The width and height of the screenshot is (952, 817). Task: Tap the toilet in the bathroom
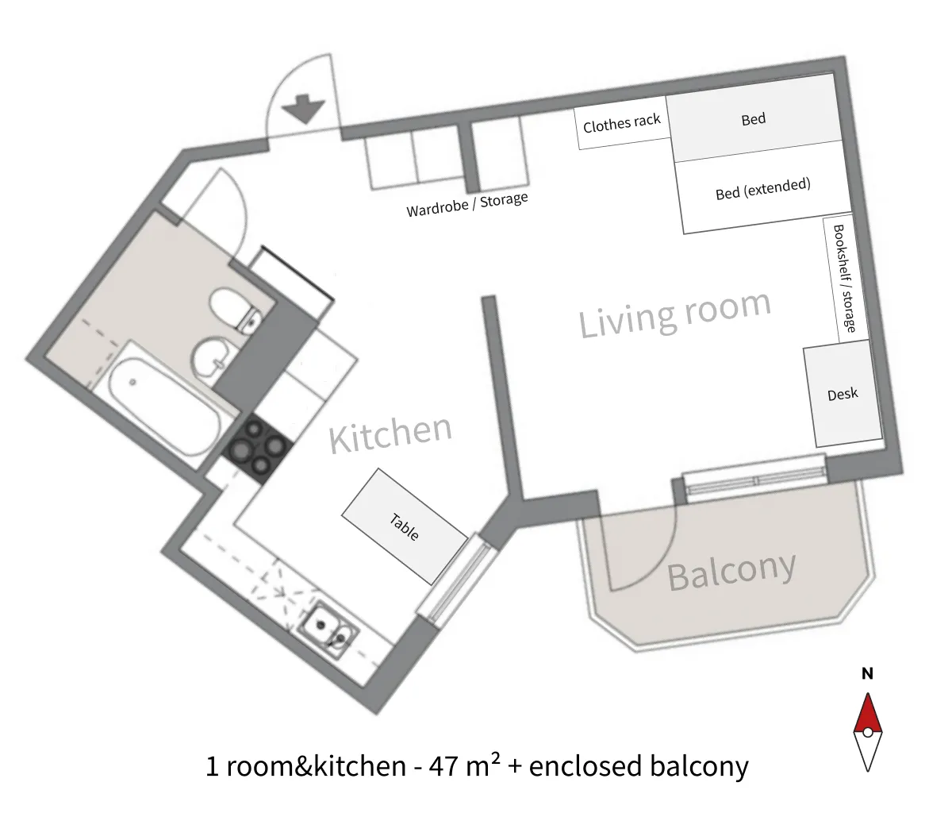tap(235, 308)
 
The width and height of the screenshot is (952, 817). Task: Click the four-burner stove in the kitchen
tap(258, 448)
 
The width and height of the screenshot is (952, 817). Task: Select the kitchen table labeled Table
tap(405, 526)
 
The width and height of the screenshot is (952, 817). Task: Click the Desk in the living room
tap(843, 394)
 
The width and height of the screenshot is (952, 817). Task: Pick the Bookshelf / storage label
tap(845, 278)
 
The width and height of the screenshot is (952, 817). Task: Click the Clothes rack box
tap(622, 123)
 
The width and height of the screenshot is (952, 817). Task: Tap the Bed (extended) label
tap(762, 189)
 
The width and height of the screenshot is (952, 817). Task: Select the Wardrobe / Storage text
tap(467, 204)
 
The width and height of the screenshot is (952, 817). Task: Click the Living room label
tap(674, 314)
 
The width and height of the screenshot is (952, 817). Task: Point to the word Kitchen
tap(390, 434)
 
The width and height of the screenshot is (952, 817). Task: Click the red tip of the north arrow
tap(868, 696)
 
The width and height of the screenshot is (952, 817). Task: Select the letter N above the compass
tap(868, 674)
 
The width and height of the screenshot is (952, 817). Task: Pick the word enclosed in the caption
tap(585, 766)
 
